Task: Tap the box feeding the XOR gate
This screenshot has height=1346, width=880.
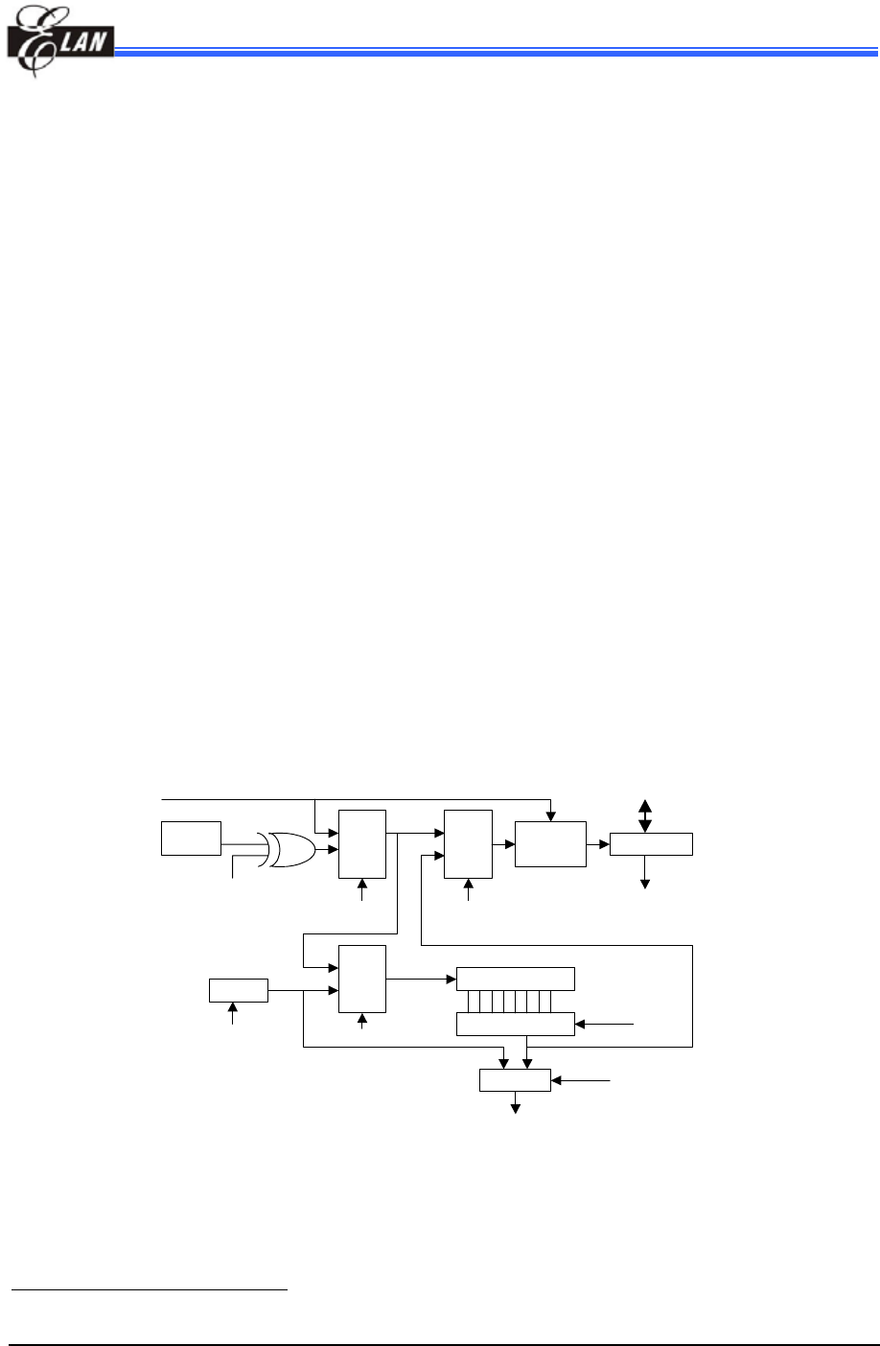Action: (x=192, y=838)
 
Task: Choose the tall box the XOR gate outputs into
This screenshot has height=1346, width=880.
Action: (x=362, y=843)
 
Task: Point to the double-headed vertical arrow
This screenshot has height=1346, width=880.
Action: (x=644, y=815)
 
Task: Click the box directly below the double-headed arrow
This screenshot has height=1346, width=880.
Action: (x=651, y=844)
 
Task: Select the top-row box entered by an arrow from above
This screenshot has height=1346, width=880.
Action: (x=550, y=844)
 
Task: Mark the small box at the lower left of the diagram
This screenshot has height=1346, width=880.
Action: (x=239, y=990)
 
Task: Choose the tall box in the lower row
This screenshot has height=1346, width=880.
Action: (x=362, y=979)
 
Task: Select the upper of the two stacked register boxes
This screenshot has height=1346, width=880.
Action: (x=516, y=979)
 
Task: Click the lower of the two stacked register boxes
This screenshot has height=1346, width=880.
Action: (x=516, y=1024)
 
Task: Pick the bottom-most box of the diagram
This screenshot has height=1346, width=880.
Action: (x=515, y=1079)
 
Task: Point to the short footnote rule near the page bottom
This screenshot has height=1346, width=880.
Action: (x=150, y=1290)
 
